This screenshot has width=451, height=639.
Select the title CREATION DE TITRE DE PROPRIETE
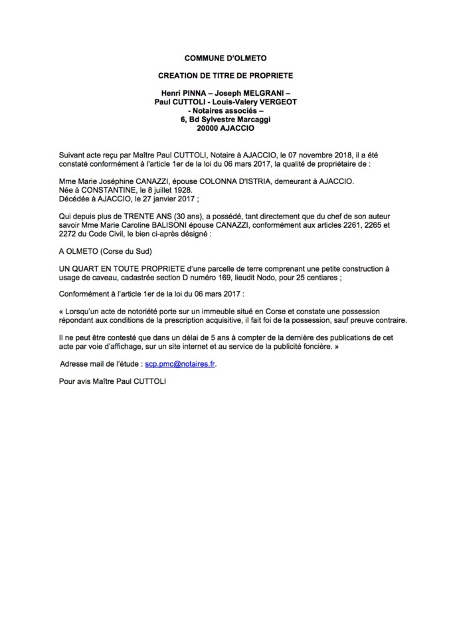(225, 76)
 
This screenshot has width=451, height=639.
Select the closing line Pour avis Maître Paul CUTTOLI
(112, 382)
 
